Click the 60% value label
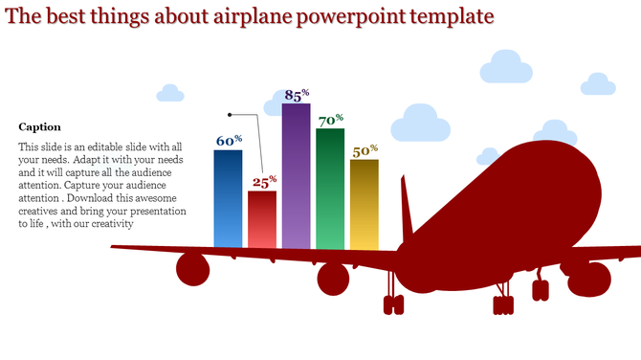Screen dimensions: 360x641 point(229,141)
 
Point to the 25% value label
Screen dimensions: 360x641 point(264,180)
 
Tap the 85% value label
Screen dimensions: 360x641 point(298,95)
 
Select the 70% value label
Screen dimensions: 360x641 point(331,121)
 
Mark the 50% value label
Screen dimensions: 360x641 point(365,151)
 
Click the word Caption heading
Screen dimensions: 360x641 point(39,126)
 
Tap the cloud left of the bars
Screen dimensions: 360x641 point(170,93)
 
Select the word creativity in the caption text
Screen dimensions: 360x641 point(108,224)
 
